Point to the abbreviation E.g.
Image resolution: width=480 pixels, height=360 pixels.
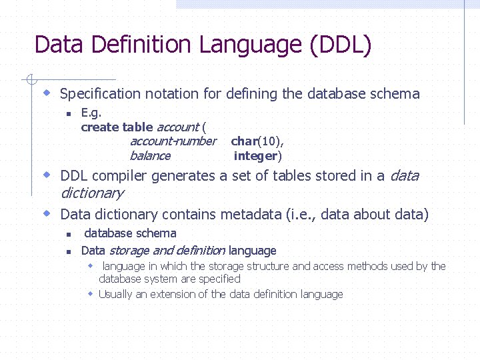tap(91, 113)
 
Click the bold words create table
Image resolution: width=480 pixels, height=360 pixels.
tap(117, 127)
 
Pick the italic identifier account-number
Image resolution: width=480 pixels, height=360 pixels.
tap(173, 141)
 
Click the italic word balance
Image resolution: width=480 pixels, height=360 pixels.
tap(150, 156)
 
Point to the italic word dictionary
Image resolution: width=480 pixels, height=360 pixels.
tap(92, 193)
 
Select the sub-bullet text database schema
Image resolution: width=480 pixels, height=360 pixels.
tap(130, 233)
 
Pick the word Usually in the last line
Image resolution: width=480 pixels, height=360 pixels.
tap(115, 294)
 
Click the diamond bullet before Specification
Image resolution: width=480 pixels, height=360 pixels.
tap(47, 92)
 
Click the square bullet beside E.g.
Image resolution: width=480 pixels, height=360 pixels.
tap(68, 114)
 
